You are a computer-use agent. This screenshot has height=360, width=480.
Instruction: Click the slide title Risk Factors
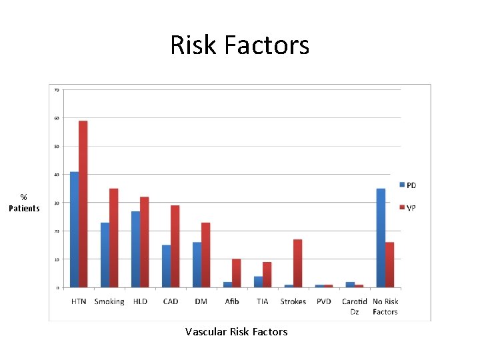239,45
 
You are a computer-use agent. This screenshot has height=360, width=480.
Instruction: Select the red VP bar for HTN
83,204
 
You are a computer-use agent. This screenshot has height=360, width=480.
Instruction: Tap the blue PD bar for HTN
74,229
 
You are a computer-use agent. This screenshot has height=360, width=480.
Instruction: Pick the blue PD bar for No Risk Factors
381,238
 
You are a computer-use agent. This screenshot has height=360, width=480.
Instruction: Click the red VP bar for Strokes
298,263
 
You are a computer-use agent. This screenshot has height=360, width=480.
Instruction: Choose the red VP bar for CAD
175,247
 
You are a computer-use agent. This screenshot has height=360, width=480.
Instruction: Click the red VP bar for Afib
237,273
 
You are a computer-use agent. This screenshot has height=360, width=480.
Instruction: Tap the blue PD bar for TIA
258,282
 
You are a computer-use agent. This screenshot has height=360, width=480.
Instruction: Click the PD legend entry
407,185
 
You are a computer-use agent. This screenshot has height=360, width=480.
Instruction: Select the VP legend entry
407,208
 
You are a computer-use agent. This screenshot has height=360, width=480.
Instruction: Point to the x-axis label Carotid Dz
355,306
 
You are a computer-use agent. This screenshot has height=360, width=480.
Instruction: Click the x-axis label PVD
324,301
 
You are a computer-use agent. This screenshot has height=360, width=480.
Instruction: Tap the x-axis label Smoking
109,301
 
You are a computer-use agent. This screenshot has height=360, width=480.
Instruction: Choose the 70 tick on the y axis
57,89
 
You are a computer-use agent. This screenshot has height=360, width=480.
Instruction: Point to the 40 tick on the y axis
57,175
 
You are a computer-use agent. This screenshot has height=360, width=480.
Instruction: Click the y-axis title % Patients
24,203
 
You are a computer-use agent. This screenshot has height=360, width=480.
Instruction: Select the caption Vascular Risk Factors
237,331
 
